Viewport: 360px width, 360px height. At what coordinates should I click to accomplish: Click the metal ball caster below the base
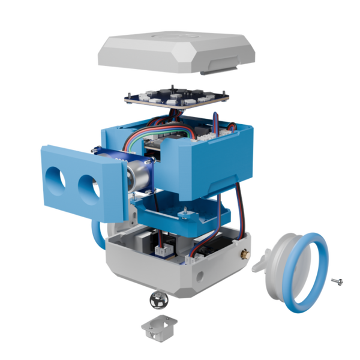pyautogui.click(x=158, y=298)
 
